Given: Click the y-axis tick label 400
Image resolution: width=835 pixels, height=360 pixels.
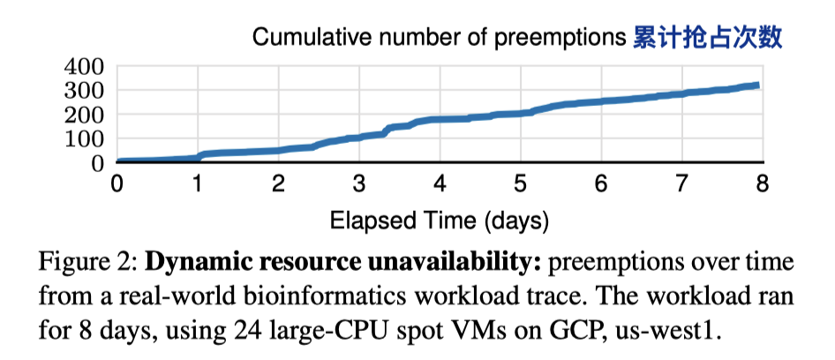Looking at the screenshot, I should pos(85,67).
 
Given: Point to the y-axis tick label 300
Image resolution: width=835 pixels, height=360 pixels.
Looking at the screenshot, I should pos(85,91).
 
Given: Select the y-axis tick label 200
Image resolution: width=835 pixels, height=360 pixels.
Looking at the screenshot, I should pos(85,115).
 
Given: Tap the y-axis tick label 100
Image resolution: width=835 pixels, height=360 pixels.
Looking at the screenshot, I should pos(85,139).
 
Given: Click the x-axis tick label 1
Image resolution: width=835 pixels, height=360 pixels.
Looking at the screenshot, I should pos(198,183).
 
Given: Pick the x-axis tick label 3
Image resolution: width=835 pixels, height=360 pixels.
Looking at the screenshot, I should pos(358,183).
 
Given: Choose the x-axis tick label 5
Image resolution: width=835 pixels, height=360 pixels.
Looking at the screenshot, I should pos(520,183).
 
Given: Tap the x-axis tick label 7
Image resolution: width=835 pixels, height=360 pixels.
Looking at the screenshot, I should pos(681,183).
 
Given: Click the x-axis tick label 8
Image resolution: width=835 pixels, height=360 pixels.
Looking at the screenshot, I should pos(762,183).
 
